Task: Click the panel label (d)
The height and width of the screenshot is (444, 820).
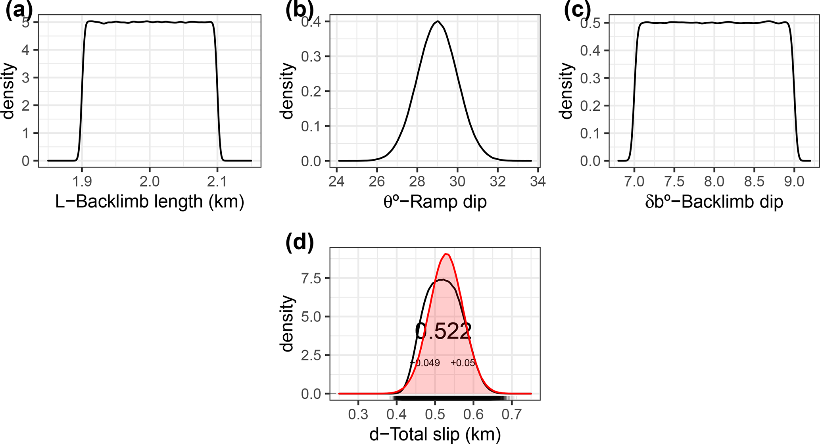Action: point(300,242)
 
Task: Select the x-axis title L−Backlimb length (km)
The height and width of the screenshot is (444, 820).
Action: point(150,202)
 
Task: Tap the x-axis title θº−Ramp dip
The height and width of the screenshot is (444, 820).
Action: point(435,202)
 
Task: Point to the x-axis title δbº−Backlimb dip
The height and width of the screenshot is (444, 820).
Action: point(714,202)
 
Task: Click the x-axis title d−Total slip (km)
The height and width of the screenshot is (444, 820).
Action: point(435,434)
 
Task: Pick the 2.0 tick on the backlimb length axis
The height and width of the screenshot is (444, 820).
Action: point(150,182)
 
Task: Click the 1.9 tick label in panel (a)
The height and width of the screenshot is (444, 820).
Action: point(82,182)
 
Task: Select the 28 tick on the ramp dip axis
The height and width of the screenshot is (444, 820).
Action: point(417,182)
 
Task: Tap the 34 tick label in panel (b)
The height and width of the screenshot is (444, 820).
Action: point(538,182)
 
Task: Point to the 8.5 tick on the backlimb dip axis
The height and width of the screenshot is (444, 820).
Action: point(754,182)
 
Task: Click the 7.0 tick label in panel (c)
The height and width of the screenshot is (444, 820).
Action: point(634,182)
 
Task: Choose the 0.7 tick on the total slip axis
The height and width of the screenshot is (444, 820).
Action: point(511,415)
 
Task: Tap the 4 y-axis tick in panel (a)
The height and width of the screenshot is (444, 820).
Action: point(26,50)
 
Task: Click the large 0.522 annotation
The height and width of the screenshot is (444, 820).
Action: point(443,331)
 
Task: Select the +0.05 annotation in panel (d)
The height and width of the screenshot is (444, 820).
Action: point(463,363)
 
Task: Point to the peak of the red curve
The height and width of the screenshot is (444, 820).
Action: point(447,254)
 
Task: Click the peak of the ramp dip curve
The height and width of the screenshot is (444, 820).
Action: point(437,21)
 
